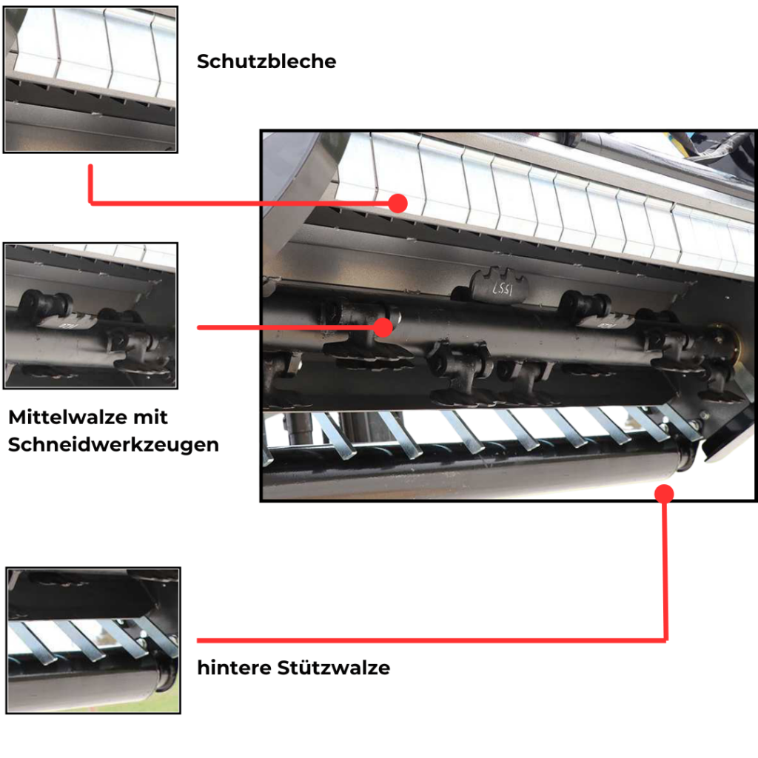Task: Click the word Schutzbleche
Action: point(266,61)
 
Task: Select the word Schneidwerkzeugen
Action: point(113,445)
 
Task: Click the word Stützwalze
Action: point(334,668)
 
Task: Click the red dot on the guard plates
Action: point(398,204)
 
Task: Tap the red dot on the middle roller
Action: point(383,327)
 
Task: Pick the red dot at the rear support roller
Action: point(664,494)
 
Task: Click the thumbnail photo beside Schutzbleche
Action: point(90,80)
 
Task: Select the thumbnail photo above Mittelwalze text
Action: point(90,315)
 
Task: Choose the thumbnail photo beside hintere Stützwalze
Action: point(93,640)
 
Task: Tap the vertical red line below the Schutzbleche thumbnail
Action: point(90,184)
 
